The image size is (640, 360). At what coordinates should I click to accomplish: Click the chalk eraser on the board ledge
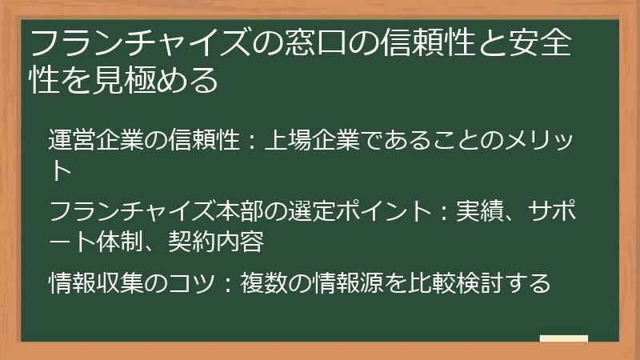(564, 338)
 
